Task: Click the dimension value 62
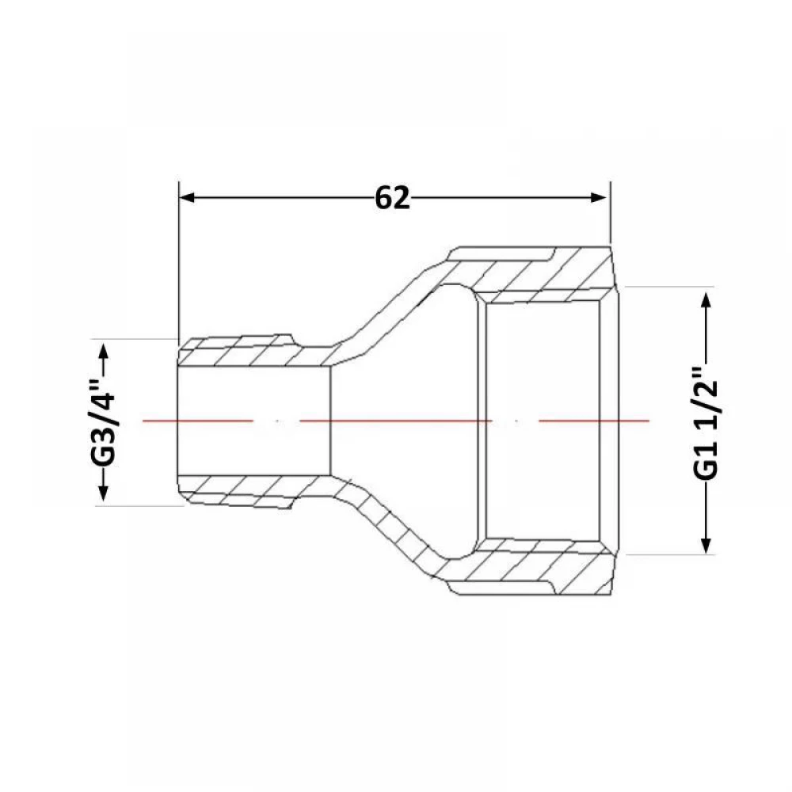[392, 197]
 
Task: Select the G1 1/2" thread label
[705, 423]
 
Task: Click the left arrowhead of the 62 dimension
[187, 197]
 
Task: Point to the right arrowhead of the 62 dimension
[598, 197]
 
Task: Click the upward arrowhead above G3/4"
[103, 351]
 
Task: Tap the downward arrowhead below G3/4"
[103, 493]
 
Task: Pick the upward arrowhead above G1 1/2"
[706, 301]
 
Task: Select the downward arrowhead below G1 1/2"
[706, 545]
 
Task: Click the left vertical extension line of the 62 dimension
[179, 261]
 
